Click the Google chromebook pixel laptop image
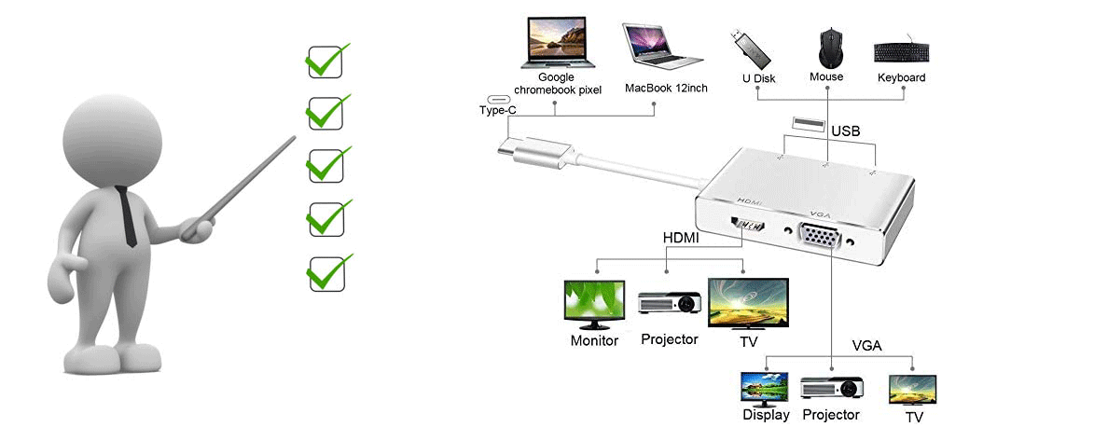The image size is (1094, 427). [558, 43]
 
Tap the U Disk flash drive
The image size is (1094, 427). [752, 48]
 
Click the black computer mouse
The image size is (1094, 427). [826, 48]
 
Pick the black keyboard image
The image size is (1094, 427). [902, 52]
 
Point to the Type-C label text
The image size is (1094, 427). [497, 110]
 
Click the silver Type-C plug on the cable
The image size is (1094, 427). [533, 151]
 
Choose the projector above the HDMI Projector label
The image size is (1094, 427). [669, 302]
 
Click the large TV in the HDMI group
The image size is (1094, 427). [748, 305]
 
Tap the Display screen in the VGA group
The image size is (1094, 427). [764, 387]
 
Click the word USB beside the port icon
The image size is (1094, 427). [845, 131]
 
